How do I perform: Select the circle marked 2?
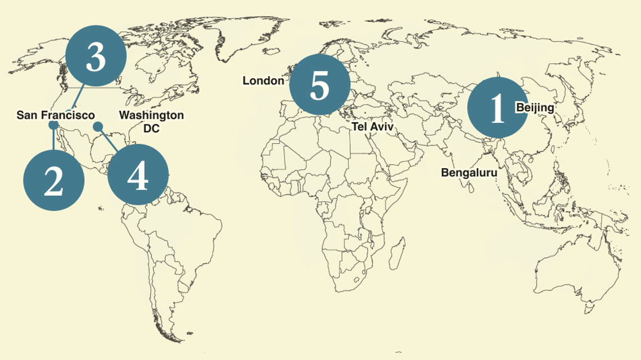pos(54,181)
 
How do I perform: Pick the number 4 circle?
pos(138,175)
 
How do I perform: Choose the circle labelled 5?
pos(319,85)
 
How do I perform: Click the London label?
pos(263,81)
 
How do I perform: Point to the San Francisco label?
pos(56,115)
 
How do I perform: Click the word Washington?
pos(151,115)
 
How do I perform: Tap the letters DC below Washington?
pos(151,128)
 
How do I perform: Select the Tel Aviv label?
pos(373,127)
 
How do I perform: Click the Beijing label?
pos(535,107)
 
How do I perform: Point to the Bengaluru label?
pos(469,173)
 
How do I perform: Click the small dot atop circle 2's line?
pos(53,125)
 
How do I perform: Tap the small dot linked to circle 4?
pos(98,126)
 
